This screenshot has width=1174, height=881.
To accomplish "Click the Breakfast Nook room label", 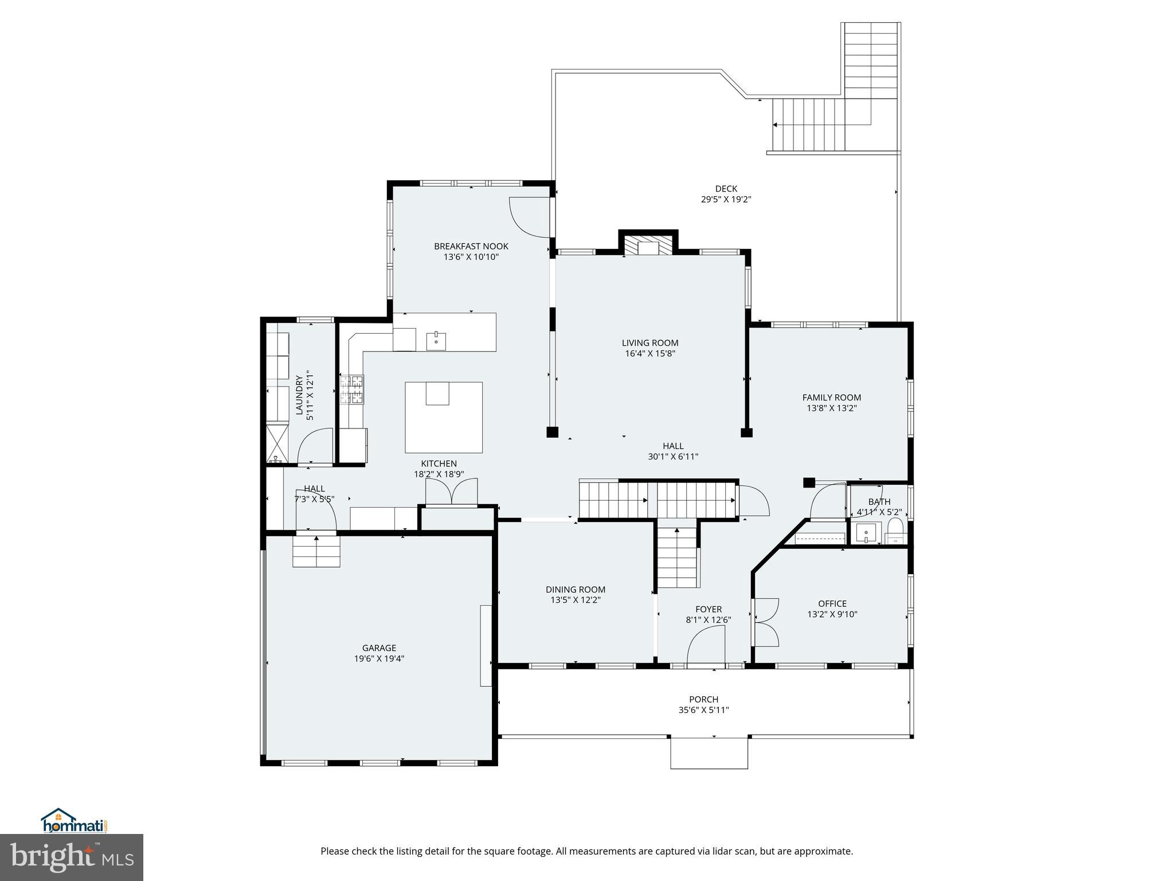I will [471, 247].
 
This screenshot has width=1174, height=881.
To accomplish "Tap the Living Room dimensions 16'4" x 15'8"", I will [650, 354].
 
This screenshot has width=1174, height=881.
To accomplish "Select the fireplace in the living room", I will [648, 246].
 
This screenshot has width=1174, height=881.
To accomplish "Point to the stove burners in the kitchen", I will [351, 389].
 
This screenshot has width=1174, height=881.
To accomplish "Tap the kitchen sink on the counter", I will [436, 341].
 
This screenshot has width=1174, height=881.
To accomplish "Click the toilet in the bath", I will [894, 530].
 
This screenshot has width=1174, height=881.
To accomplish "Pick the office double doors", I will [765, 622].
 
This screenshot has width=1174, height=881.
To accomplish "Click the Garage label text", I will [379, 648].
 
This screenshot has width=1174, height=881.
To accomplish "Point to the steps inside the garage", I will [316, 552].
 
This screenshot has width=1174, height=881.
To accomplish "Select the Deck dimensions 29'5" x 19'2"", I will [726, 200].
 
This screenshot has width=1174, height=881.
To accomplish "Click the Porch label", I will [703, 699].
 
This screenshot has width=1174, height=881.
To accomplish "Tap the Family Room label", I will [831, 397].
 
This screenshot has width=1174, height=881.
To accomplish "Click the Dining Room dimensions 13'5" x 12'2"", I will [575, 600].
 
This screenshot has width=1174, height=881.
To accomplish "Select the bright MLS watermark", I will [72, 857].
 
